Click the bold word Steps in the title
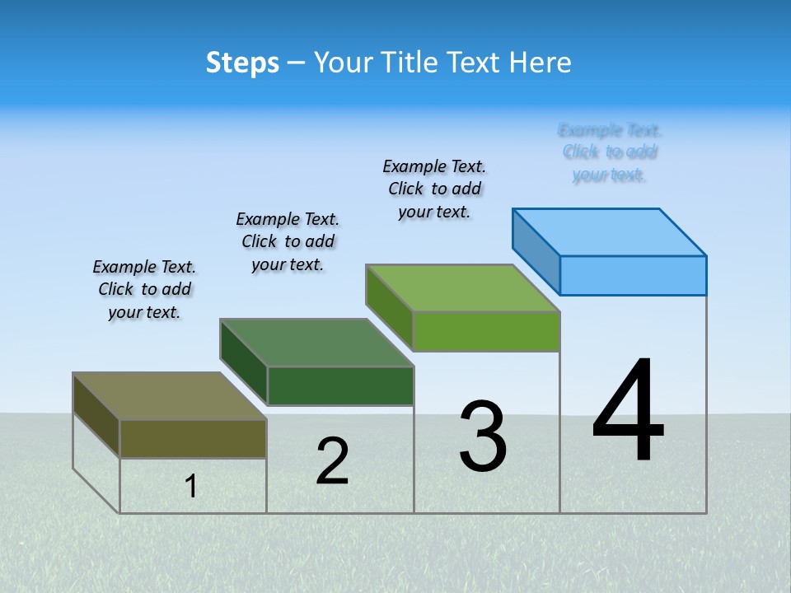pyautogui.click(x=242, y=63)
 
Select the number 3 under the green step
pyautogui.click(x=483, y=437)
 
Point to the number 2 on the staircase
pyautogui.click(x=333, y=461)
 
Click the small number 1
pyautogui.click(x=191, y=487)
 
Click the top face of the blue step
pyautogui.click(x=610, y=231)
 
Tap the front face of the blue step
pyautogui.click(x=633, y=275)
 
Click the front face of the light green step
pyautogui.click(x=486, y=331)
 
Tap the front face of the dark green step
pyautogui.click(x=340, y=385)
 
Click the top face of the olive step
pyautogui.click(x=170, y=396)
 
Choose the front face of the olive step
pyautogui.click(x=193, y=438)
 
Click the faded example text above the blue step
pyautogui.click(x=610, y=152)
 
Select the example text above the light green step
pyautogui.click(x=434, y=189)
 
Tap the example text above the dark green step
pyautogui.click(x=288, y=241)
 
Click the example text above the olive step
pyautogui.click(x=144, y=289)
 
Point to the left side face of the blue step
pyautogui.click(x=536, y=251)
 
